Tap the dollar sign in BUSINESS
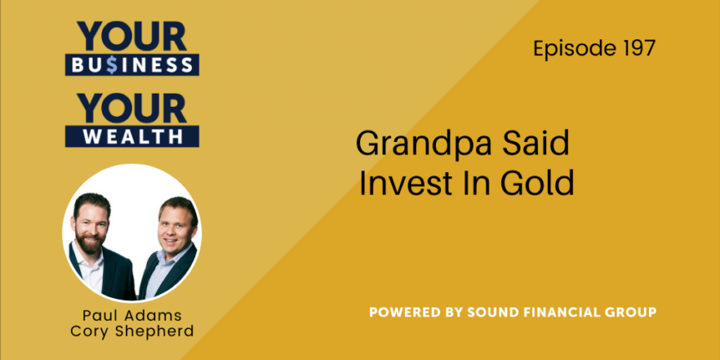pyautogui.click(x=111, y=65)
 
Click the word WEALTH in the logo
pyautogui.click(x=132, y=136)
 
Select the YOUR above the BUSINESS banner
pyautogui.click(x=132, y=36)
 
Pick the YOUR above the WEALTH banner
pyautogui.click(x=132, y=108)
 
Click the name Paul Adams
pyautogui.click(x=132, y=317)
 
